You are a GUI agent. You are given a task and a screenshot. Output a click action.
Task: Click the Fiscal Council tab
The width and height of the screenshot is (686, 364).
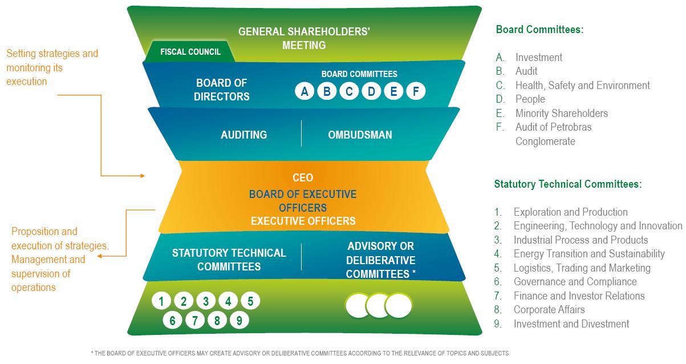tap(190, 52)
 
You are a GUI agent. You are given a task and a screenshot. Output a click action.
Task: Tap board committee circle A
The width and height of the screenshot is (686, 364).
tap(305, 91)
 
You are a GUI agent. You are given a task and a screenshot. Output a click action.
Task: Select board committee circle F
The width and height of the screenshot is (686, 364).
tap(416, 91)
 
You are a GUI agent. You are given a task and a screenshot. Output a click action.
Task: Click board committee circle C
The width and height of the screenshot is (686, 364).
tap(349, 91)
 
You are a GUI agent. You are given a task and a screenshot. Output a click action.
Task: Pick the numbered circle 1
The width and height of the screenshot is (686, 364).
tap(162, 301)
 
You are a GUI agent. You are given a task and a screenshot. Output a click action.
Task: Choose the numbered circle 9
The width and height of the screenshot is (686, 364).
tap(239, 321)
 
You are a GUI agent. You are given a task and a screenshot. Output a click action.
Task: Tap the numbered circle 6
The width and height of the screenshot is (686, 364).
tap(172, 321)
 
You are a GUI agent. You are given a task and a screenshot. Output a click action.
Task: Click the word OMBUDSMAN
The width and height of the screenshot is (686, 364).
tap(360, 135)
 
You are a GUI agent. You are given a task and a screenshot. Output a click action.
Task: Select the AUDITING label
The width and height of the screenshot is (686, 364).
tap(243, 135)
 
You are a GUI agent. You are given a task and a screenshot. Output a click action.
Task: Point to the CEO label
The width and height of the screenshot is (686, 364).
tap(302, 178)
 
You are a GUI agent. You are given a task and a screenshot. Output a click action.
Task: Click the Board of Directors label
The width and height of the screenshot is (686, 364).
tap(222, 90)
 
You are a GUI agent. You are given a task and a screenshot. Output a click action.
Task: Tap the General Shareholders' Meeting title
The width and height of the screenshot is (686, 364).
tap(304, 38)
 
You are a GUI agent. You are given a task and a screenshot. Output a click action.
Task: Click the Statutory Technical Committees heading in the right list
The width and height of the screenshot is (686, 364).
tap(568, 184)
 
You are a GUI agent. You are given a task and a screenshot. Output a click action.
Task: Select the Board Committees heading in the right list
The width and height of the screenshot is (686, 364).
tap(539, 30)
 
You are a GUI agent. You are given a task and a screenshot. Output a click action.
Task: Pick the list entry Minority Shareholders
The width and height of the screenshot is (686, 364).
tap(561, 113)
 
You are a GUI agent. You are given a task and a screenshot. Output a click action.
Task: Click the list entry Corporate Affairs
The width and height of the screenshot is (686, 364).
tap(549, 310)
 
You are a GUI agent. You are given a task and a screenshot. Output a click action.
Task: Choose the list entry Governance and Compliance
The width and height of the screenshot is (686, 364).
tap(575, 282)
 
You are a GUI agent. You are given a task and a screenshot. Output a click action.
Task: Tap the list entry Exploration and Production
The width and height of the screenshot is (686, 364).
tap(570, 212)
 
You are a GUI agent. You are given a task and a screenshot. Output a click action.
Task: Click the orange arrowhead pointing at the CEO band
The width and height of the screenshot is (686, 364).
tap(143, 176)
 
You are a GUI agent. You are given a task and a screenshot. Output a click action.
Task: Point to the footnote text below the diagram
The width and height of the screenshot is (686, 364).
tap(299, 354)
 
